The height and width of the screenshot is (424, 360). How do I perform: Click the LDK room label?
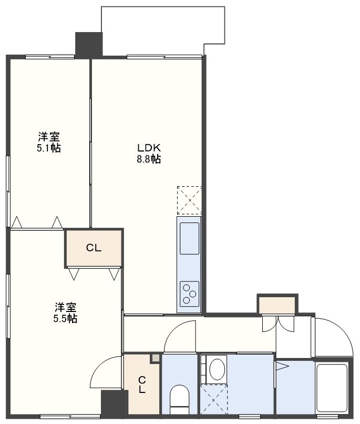(x=149, y=148)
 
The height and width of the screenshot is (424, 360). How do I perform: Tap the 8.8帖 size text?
(x=149, y=159)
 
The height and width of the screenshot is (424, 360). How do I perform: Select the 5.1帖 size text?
(x=49, y=148)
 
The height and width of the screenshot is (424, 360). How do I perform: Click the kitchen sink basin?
(x=189, y=238)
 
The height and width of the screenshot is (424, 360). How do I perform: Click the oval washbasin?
(x=217, y=369)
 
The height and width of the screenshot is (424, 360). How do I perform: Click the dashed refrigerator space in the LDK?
(x=189, y=200)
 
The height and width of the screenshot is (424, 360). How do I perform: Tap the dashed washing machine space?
(x=213, y=399)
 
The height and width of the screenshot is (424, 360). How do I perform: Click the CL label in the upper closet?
(x=94, y=248)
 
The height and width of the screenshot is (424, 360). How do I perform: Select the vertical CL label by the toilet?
(x=142, y=385)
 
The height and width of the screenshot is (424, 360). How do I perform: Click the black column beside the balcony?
(x=89, y=45)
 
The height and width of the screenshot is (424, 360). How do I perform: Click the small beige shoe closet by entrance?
(x=277, y=305)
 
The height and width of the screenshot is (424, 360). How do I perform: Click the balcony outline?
(x=163, y=6)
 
